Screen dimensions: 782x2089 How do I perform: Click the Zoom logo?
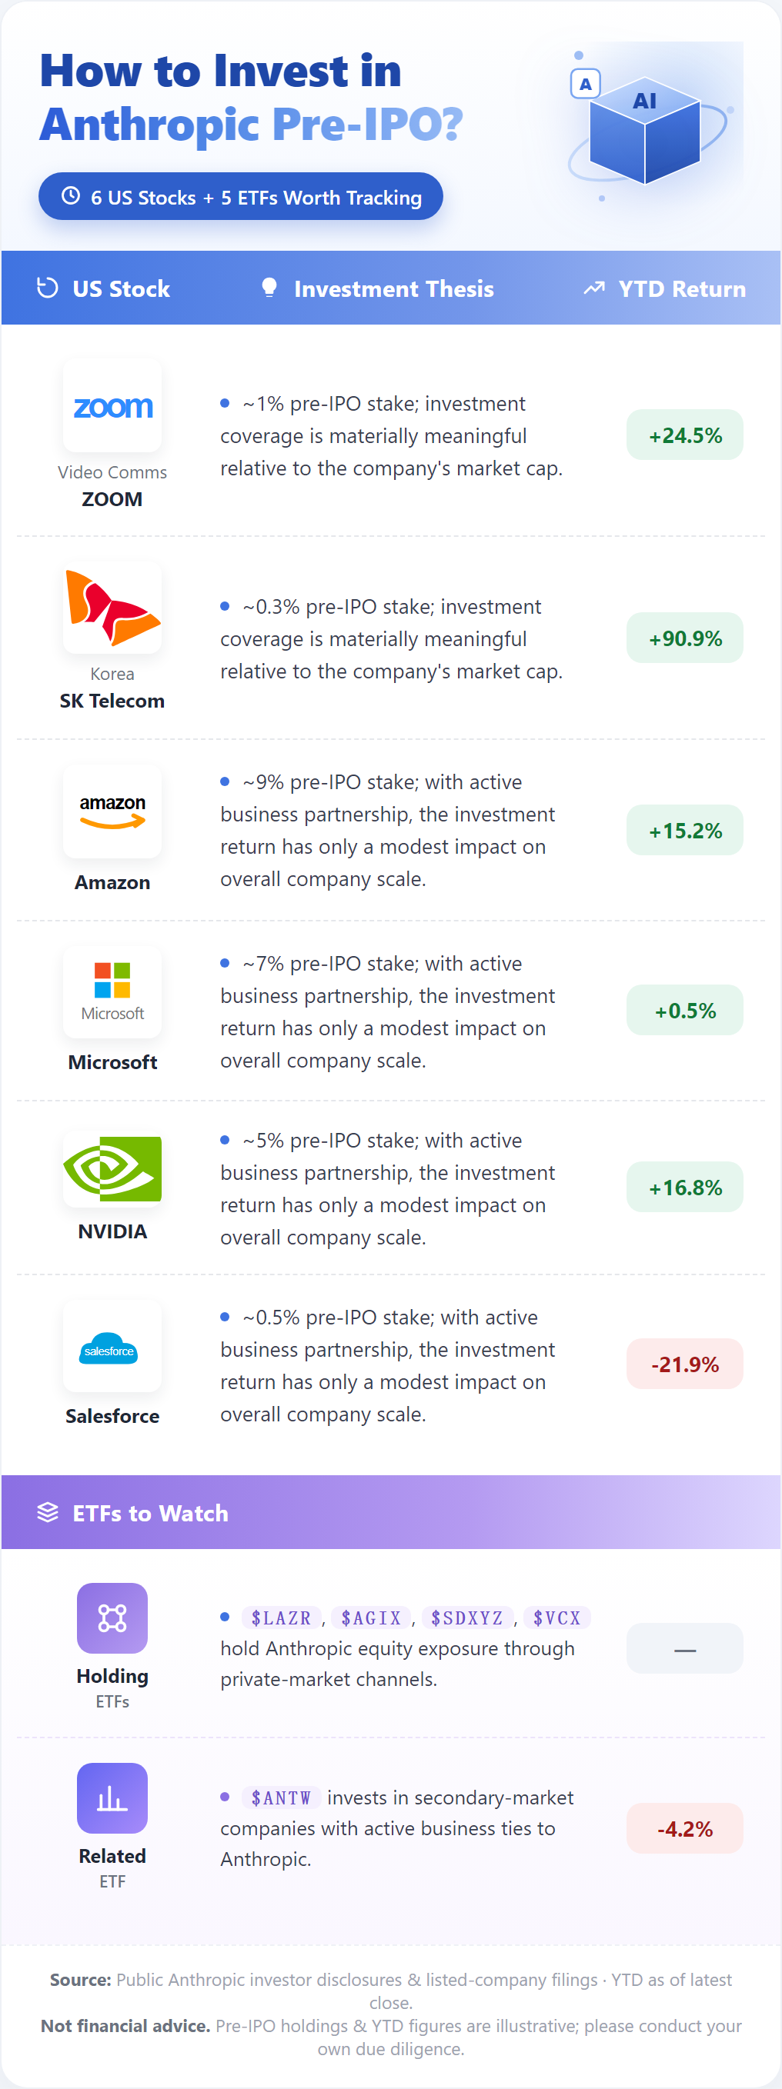click(112, 406)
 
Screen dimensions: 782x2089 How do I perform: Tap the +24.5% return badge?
click(685, 435)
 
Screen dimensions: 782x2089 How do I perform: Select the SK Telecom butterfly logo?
click(112, 608)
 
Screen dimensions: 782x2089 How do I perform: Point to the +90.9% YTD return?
click(685, 638)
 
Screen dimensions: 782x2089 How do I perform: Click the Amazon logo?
click(112, 811)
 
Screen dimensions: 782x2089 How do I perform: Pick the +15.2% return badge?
click(685, 831)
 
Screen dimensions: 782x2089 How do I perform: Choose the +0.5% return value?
click(685, 1011)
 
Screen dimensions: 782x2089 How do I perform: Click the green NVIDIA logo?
click(112, 1169)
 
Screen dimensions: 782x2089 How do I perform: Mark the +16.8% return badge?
click(685, 1188)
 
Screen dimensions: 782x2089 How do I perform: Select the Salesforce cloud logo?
click(109, 1348)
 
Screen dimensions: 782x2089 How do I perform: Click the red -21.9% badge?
click(685, 1364)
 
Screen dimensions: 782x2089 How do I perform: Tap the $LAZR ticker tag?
click(282, 1618)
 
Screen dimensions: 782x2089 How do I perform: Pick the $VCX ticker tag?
click(556, 1618)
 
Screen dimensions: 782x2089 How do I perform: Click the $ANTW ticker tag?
click(281, 1797)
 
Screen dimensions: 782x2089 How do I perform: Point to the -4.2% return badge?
click(685, 1829)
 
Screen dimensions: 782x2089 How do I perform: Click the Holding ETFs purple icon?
click(112, 1618)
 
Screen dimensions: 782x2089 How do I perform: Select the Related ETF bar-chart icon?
click(112, 1797)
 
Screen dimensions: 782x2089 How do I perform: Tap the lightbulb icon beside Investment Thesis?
click(269, 288)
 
